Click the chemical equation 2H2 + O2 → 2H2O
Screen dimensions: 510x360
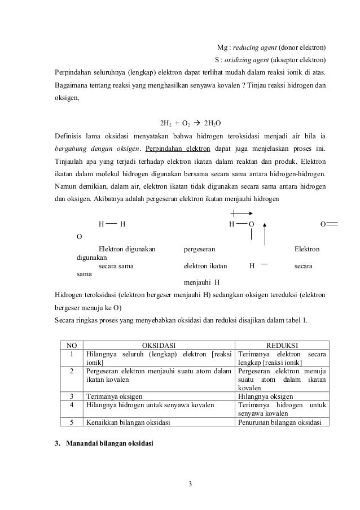191,121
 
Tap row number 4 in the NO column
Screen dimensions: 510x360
72,405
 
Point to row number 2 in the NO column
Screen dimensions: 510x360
72,370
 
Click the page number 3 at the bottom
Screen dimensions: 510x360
191,483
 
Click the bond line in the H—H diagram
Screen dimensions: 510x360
111,224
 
